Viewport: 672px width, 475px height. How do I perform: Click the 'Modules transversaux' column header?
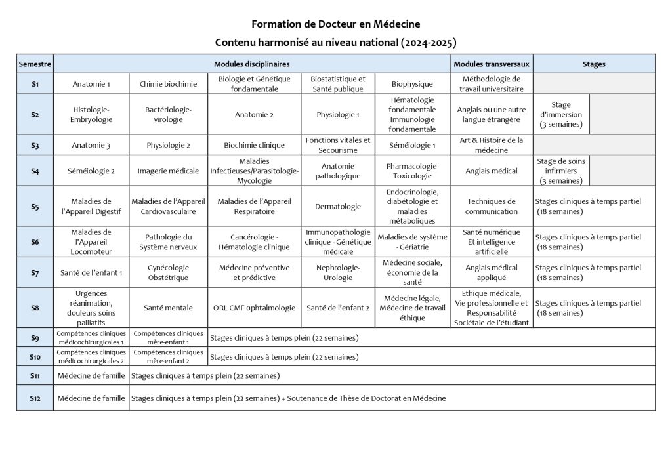(492, 64)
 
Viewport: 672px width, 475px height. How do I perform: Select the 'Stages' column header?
(594, 64)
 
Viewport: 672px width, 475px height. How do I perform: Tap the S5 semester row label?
(35, 206)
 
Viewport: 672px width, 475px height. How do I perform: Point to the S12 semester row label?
(35, 398)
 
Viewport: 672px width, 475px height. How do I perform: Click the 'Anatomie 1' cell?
(91, 84)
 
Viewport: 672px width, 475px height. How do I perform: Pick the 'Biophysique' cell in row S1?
(412, 84)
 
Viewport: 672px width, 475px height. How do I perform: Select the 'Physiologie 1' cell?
(338, 114)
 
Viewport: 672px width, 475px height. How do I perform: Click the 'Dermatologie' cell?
(338, 206)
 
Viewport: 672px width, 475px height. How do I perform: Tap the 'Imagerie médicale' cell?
(168, 171)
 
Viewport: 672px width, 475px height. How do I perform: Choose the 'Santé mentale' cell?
(168, 308)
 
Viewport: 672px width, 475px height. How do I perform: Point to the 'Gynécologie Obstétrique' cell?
(168, 272)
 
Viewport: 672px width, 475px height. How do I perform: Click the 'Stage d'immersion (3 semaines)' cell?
(561, 114)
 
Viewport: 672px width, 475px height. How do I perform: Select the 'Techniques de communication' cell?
(492, 206)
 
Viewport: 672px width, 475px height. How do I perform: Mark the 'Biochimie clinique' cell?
(254, 145)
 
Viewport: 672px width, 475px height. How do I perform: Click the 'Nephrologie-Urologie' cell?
(338, 272)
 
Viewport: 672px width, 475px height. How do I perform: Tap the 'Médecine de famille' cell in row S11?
(91, 375)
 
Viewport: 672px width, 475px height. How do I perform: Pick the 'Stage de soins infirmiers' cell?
(561, 171)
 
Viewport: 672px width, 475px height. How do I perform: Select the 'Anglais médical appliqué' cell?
(492, 272)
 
